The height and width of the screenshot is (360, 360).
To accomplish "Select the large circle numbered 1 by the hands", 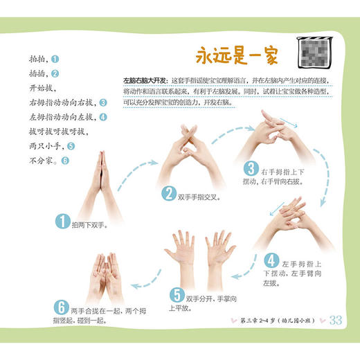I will tap(63, 221).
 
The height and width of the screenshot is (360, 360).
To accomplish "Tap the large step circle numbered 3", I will tap(250, 168).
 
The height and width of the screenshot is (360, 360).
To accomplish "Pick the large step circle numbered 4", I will tap(272, 259).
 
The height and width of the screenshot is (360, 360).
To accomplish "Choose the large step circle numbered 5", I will tap(177, 294).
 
